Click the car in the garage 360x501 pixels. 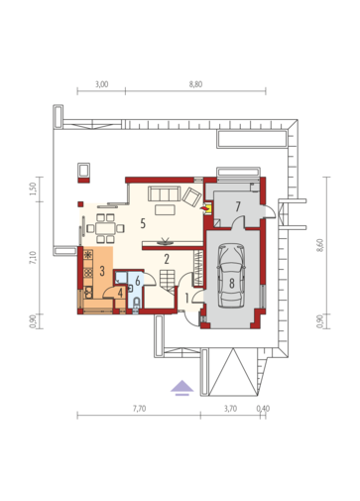231,276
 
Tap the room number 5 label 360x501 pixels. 143,223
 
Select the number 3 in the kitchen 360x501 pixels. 102,271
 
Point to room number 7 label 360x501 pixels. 238,206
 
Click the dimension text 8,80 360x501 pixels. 195,84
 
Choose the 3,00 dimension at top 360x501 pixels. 101,84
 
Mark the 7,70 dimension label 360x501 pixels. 139,409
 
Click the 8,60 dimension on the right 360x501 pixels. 319,245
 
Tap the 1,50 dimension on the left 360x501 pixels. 33,188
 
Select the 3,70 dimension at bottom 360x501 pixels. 230,409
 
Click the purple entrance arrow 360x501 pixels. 182,388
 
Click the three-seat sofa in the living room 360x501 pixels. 164,193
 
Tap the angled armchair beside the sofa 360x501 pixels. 191,196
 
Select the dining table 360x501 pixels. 105,228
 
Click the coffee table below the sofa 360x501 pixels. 165,210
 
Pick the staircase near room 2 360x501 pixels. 168,281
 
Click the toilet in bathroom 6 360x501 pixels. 137,304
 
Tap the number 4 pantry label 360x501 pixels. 120,293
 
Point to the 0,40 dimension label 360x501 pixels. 263,409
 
